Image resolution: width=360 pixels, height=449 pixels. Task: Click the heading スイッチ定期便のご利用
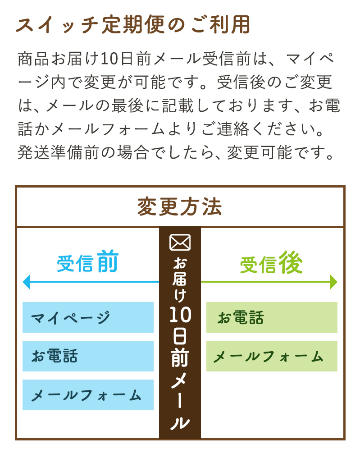point(133,25)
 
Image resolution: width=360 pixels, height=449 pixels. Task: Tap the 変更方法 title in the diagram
point(180,207)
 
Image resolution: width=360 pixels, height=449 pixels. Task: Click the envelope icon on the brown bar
point(180,242)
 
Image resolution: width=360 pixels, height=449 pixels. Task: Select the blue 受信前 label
point(87,262)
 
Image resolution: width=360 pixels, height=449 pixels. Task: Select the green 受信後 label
point(271,262)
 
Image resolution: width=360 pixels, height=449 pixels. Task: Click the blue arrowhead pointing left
point(26,282)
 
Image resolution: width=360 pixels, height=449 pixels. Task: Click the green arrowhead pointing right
point(334,282)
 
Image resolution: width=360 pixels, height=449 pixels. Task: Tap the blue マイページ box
point(88,317)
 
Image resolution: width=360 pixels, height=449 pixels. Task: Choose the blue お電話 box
point(88,356)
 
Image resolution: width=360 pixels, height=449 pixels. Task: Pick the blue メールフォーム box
point(88,395)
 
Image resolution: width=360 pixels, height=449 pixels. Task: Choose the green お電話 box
point(272,317)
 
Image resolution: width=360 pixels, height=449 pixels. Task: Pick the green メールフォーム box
point(272,356)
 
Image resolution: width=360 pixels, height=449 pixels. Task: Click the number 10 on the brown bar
point(180,315)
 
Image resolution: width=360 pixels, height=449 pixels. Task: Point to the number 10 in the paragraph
point(109,59)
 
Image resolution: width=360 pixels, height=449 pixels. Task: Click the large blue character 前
point(107,261)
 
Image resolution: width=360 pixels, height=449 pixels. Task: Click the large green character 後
point(291,262)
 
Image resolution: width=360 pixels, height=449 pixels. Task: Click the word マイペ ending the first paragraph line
point(310,59)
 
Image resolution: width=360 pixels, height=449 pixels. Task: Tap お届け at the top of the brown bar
point(180,279)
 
